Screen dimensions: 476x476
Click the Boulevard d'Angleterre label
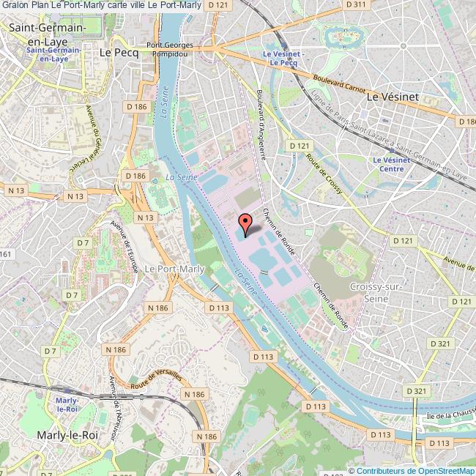[261, 124]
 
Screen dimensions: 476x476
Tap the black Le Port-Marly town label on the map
[170, 269]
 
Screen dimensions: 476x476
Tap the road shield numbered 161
[7, 253]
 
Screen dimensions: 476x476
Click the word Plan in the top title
[41, 6]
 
